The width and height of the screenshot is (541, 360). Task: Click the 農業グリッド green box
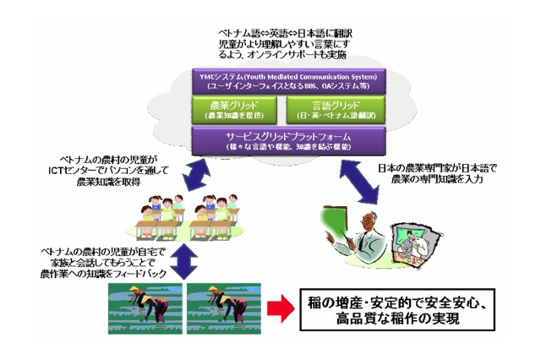pyautogui.click(x=224, y=109)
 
